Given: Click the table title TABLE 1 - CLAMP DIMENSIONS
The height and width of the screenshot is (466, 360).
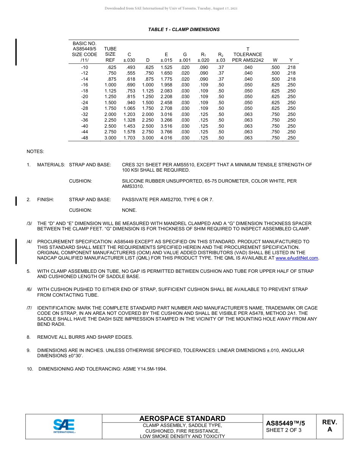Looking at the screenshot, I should tap(184, 30).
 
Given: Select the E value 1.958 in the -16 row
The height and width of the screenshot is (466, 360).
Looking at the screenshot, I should tap(166, 85).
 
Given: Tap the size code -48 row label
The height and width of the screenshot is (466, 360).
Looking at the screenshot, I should tap(85, 138).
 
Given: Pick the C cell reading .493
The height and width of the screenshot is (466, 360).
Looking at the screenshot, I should tap(130, 67).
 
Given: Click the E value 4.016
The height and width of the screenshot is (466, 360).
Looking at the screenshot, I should tap(166, 138).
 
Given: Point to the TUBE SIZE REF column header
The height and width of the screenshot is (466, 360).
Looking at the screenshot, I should tap(110, 55).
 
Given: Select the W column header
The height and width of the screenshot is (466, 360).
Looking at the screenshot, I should tap(275, 60).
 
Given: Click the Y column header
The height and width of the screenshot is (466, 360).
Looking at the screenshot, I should tap(291, 60).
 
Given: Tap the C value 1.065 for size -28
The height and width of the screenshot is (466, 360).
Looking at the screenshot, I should tap(129, 109).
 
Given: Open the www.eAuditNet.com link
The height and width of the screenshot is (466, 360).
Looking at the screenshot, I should tap(297, 258).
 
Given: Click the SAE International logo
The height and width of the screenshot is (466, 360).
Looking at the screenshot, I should tap(64, 426).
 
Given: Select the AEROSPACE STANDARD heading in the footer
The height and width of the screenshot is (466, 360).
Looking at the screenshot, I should tap(182, 419).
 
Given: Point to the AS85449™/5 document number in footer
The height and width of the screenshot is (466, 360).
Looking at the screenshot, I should tap(285, 424).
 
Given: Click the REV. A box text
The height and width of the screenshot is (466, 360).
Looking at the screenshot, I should tap(329, 426).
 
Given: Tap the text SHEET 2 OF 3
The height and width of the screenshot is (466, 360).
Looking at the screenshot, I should tap(283, 430).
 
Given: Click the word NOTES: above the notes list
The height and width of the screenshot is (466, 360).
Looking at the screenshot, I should tap(35, 152).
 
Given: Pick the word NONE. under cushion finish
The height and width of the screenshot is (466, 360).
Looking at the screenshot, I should tap(129, 210).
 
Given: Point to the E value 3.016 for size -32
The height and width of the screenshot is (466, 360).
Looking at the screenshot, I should tap(166, 115).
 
